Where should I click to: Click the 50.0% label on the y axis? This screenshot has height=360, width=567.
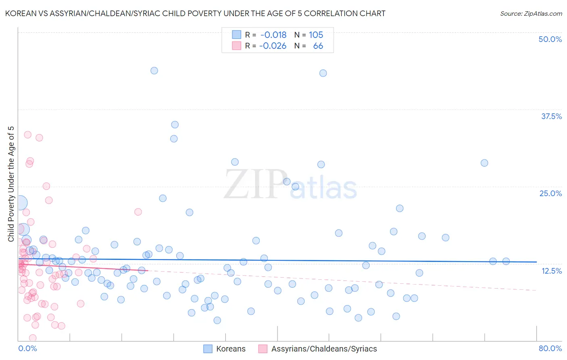pos(550,39)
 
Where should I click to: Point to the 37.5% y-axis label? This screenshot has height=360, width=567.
pos(551,116)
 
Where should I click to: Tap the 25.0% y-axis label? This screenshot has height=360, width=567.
pos(550,193)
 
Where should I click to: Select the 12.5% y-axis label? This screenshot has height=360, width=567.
pos(551,271)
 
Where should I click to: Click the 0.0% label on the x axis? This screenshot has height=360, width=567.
pos(27,348)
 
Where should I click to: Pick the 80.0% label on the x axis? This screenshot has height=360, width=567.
pos(550,348)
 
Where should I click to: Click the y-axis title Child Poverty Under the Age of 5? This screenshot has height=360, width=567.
pos(11,184)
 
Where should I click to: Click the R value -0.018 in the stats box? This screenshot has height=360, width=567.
pos(273,35)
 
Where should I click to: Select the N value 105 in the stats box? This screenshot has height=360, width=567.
pos(316,35)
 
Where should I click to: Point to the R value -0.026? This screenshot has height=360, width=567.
pos(273,46)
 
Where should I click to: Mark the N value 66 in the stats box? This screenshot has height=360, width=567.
pos(318,46)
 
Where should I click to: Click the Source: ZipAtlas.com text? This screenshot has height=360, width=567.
pos(531,14)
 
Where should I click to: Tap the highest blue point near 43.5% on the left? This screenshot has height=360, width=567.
pos(154,71)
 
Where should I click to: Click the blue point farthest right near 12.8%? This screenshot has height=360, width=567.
pos(506,261)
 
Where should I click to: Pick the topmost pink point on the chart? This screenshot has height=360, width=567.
pos(27,134)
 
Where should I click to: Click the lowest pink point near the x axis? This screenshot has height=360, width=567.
pos(33,338)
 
